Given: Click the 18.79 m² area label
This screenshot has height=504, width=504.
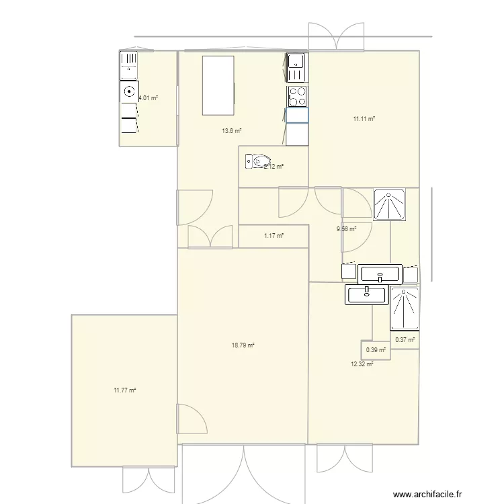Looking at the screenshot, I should pos(243,345).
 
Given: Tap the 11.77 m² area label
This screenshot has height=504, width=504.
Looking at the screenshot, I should pos(125,390).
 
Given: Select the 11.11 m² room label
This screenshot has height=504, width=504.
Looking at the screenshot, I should pos(364,119).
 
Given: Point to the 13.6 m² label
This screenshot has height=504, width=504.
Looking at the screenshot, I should pos(232,132).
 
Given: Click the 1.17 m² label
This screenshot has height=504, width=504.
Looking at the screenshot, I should pos(274,235).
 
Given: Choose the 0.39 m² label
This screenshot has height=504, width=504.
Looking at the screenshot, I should pos(376,349).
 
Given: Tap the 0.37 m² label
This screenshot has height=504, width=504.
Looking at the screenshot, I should pos(405,340).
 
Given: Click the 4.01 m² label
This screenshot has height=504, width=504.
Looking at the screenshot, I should pos(148,98).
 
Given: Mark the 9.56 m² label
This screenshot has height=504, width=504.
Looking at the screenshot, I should pos(346,228).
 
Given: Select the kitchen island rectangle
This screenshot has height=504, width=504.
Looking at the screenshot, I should pos(218,86).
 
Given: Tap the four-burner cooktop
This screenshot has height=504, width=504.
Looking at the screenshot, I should pos(298,97).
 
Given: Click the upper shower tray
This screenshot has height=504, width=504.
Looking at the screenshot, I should pos(389,204).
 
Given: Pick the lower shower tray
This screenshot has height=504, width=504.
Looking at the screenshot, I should pos(405,309).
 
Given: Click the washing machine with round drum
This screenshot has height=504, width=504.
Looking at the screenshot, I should pos(128,91).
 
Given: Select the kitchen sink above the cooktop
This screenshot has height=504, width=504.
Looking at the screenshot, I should pos(297,67).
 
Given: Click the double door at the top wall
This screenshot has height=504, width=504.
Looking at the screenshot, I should pos(336,36).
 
